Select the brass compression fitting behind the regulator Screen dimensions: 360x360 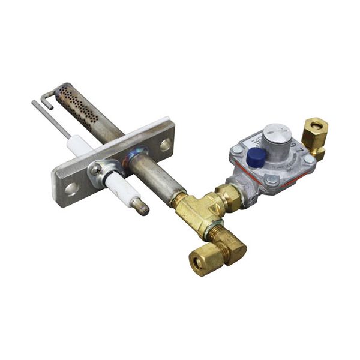click(314, 134)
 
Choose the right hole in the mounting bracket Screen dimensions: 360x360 click(164, 145)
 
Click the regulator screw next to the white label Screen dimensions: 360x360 click(238, 149)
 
